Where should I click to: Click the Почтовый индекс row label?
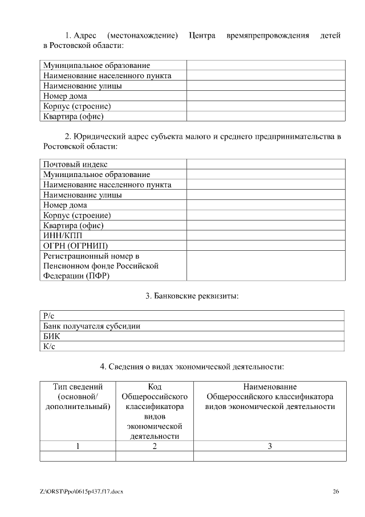(x=75, y=165)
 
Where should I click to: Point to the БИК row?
(x=52, y=336)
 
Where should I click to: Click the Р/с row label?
(x=48, y=315)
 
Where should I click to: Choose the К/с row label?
(x=49, y=346)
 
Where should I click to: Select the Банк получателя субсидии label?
(x=92, y=326)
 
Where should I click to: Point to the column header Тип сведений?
(x=78, y=387)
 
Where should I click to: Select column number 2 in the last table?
(x=155, y=446)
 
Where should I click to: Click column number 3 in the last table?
(x=270, y=446)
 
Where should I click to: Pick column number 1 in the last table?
(x=78, y=446)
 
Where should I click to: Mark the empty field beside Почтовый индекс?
(x=266, y=165)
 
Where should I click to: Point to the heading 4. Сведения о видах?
(x=192, y=366)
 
